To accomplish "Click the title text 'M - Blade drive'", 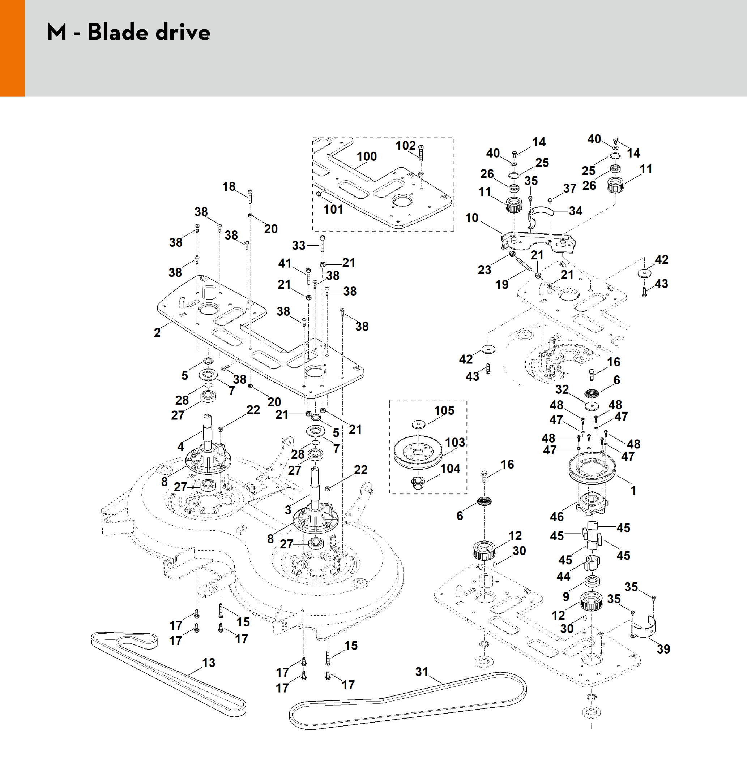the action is click(128, 32).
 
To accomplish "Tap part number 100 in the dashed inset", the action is click(367, 156).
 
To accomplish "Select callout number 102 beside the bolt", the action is click(405, 146).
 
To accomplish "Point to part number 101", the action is click(333, 209).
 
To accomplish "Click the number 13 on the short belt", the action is click(209, 662).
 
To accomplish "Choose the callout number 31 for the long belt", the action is click(422, 672).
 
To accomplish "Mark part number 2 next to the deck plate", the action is click(157, 333).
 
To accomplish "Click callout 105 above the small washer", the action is click(444, 410).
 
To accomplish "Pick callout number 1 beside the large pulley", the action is click(633, 490).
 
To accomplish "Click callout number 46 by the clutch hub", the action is click(556, 516).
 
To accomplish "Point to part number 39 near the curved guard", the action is click(663, 649).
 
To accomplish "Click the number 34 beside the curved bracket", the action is click(575, 211).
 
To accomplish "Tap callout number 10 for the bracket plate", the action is click(471, 218).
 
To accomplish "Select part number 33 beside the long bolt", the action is click(299, 245).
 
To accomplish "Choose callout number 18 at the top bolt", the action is click(229, 186).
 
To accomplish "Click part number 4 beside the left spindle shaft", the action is click(181, 447).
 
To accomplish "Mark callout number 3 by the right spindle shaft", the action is click(288, 510).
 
